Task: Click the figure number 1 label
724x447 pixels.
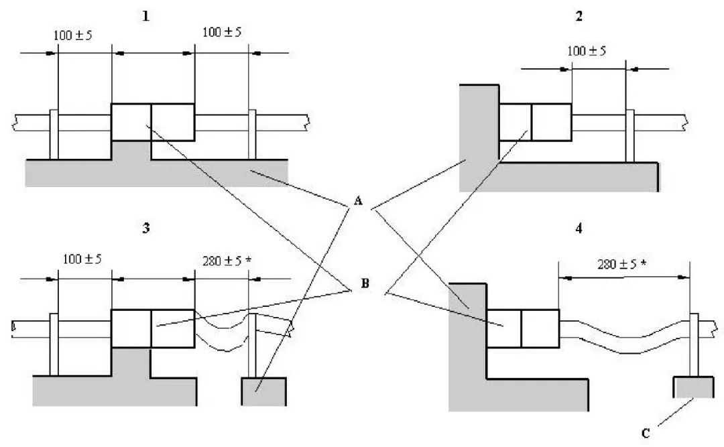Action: pyautogui.click(x=146, y=16)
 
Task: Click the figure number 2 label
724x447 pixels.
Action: pyautogui.click(x=579, y=16)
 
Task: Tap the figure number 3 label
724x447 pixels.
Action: pyautogui.click(x=146, y=228)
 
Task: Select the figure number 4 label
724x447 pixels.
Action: pyautogui.click(x=579, y=228)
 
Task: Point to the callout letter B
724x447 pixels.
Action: pyautogui.click(x=365, y=284)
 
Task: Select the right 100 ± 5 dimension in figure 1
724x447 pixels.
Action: pyautogui.click(x=221, y=31)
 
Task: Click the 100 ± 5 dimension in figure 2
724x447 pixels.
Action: pyautogui.click(x=587, y=51)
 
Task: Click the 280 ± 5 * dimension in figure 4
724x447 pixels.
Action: pyautogui.click(x=622, y=263)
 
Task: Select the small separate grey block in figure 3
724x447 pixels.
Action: pyautogui.click(x=263, y=391)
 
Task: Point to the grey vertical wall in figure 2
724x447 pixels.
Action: pyautogui.click(x=479, y=134)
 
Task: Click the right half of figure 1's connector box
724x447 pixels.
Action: pyautogui.click(x=173, y=122)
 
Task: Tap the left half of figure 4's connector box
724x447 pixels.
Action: pyautogui.click(x=504, y=329)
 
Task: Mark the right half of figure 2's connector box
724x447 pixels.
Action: pyautogui.click(x=551, y=122)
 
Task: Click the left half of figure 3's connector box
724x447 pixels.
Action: pyautogui.click(x=131, y=328)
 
